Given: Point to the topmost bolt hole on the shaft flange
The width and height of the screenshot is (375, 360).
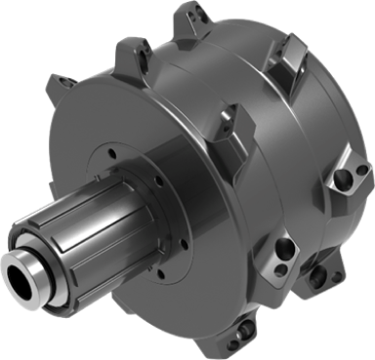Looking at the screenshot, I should click(115, 152).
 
